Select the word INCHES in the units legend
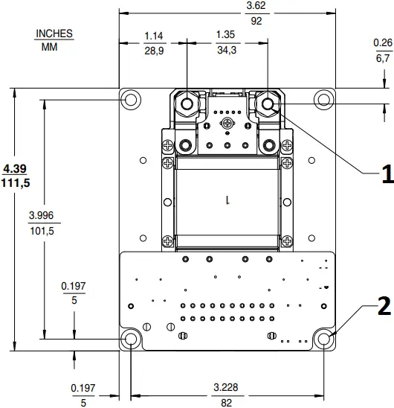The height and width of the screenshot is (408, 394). pyautogui.click(x=54, y=34)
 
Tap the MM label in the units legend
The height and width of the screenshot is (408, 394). pyautogui.click(x=49, y=46)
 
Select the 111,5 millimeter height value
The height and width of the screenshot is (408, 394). pyautogui.click(x=20, y=182)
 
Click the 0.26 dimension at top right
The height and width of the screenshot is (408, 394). pyautogui.click(x=382, y=42)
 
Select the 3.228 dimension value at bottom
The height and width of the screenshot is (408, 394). pyautogui.click(x=227, y=388)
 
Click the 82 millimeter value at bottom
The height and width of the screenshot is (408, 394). pyautogui.click(x=227, y=402)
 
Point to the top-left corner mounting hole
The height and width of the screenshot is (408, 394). pyautogui.click(x=132, y=99)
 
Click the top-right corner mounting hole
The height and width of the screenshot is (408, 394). pyautogui.click(x=324, y=98)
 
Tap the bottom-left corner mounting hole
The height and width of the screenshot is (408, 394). pyautogui.click(x=132, y=340)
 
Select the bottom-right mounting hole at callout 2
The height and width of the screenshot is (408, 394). pyautogui.click(x=324, y=340)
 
